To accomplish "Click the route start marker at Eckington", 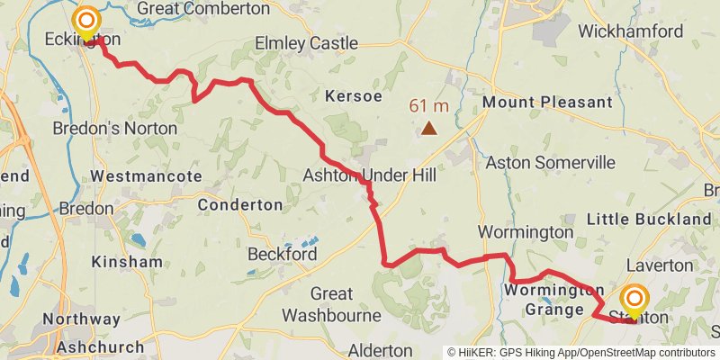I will [x=86, y=20].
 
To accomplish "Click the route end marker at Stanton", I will [x=634, y=301].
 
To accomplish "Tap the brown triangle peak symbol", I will [x=430, y=129].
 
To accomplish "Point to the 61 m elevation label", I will [x=430, y=106].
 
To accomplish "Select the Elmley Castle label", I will [x=306, y=43].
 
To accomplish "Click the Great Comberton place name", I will [x=203, y=9].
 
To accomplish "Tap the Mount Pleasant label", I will [x=547, y=103].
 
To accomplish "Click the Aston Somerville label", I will [x=550, y=163].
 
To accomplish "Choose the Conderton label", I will [x=239, y=205].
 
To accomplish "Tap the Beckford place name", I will [x=282, y=255].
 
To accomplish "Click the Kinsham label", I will [x=127, y=262].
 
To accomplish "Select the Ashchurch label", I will [x=99, y=346].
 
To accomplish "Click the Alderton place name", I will [x=379, y=349].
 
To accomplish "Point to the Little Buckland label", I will [x=649, y=220].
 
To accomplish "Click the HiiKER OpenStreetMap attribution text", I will [x=580, y=352].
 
